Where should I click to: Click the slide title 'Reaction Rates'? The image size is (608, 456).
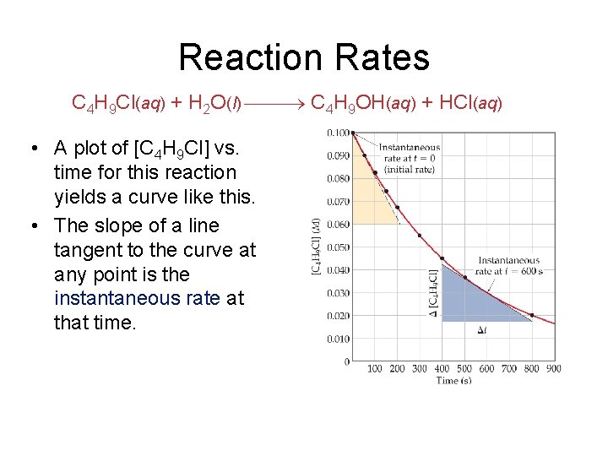tap(304, 57)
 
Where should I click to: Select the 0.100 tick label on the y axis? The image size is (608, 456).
tap(338, 133)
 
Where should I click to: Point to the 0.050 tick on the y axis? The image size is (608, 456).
tap(338, 247)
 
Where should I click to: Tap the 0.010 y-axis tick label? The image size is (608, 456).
tap(338, 339)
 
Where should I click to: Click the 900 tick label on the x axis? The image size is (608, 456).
tap(554, 369)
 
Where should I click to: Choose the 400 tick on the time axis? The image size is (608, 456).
tap(442, 369)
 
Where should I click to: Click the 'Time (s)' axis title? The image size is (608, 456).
tap(453, 381)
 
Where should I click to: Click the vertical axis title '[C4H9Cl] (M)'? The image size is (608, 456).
tap(318, 247)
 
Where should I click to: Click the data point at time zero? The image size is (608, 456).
tap(353, 133)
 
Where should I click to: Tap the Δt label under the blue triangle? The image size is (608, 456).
tap(481, 330)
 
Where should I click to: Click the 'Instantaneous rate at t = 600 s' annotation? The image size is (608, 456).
tap(509, 266)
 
